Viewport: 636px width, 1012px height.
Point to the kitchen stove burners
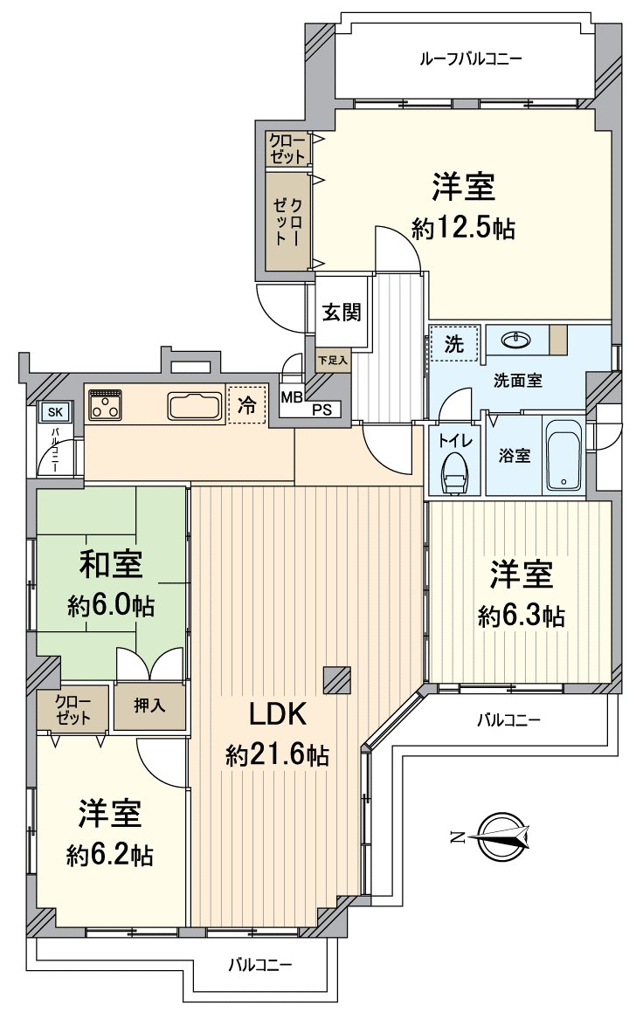click(x=106, y=403)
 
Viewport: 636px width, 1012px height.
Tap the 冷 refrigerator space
click(x=247, y=405)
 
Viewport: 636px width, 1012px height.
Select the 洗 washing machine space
click(x=454, y=343)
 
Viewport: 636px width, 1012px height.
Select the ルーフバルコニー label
click(x=471, y=59)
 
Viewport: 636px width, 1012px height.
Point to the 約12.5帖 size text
click(x=463, y=229)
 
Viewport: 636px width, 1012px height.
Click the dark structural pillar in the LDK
click(x=336, y=680)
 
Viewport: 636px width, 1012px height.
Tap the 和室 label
click(x=111, y=565)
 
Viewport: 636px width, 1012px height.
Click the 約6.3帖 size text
click(x=521, y=616)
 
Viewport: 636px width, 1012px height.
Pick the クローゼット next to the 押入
click(x=73, y=706)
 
